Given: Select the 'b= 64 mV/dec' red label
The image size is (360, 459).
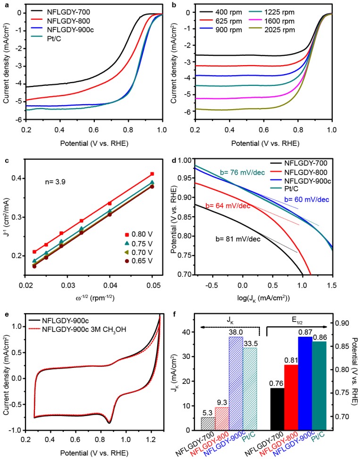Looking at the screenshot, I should pyautogui.click(x=226, y=206).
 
